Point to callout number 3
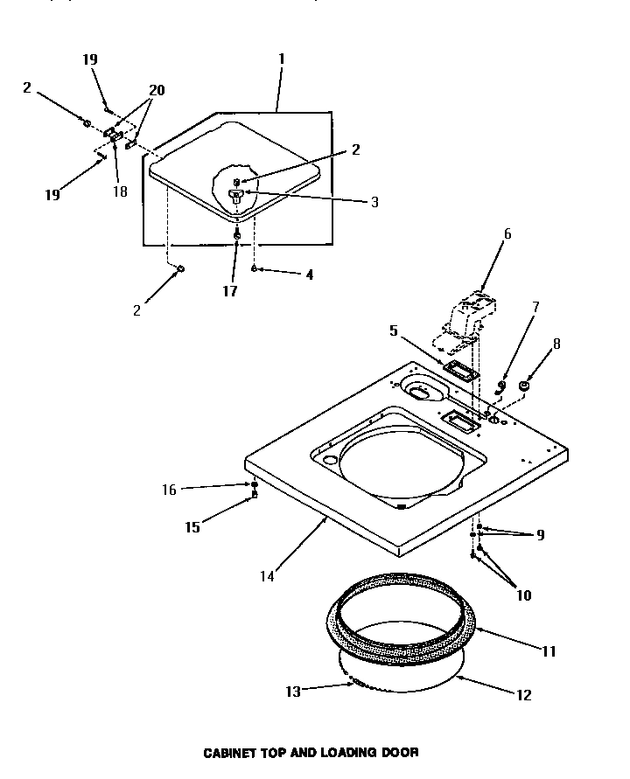(x=374, y=202)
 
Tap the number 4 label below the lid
(x=308, y=275)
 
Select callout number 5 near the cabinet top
(x=394, y=330)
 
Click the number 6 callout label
(x=507, y=234)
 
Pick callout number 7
(x=536, y=307)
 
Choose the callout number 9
(x=541, y=534)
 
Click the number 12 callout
(x=524, y=696)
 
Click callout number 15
(x=192, y=527)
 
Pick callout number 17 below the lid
(x=229, y=292)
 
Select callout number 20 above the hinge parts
(x=157, y=90)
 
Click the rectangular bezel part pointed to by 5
(x=460, y=371)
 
